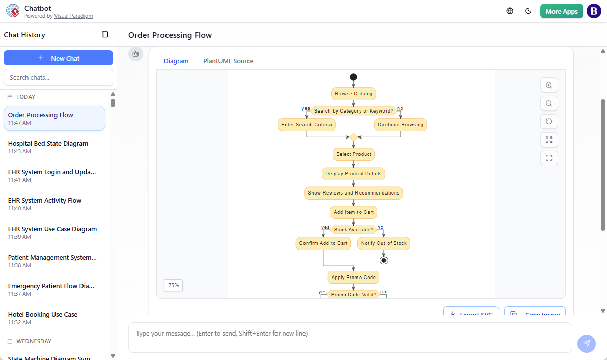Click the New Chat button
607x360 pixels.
click(x=58, y=58)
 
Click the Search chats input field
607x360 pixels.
click(x=58, y=77)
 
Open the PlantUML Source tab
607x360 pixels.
click(x=228, y=61)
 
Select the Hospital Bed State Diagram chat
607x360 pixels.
click(x=48, y=144)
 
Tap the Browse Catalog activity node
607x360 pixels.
click(x=353, y=94)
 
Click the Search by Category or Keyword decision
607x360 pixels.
click(x=353, y=111)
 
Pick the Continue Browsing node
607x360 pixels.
click(x=400, y=125)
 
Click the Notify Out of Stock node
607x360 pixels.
click(x=383, y=243)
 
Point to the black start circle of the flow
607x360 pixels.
click(x=353, y=77)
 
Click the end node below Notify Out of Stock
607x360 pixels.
click(x=384, y=260)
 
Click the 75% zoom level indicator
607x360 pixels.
click(x=173, y=285)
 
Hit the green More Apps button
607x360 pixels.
click(x=561, y=11)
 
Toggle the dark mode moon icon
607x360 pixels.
click(x=528, y=11)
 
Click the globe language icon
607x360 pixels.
click(x=510, y=11)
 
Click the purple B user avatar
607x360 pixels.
click(x=594, y=11)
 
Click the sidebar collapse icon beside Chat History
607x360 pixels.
click(x=105, y=35)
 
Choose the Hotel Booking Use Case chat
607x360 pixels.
click(x=43, y=315)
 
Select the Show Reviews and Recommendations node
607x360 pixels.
click(x=353, y=193)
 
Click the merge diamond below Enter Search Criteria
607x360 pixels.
click(x=353, y=137)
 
